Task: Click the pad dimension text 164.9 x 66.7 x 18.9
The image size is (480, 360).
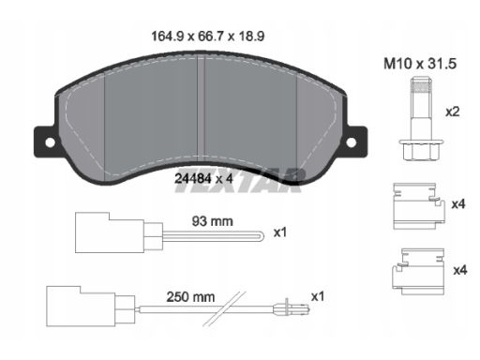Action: (x=208, y=37)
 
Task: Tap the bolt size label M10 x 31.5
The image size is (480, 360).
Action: (x=420, y=64)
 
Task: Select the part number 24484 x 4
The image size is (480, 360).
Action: (x=203, y=179)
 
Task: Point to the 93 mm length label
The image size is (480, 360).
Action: (x=212, y=221)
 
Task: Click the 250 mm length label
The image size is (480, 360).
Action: (x=190, y=297)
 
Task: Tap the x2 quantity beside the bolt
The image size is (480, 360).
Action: (x=452, y=112)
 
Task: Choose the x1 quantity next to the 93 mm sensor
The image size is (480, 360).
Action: (x=280, y=232)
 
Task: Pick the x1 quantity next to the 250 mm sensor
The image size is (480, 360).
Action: (x=318, y=296)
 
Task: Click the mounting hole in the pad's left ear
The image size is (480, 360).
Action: (x=50, y=142)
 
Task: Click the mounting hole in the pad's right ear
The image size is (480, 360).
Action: (x=351, y=142)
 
